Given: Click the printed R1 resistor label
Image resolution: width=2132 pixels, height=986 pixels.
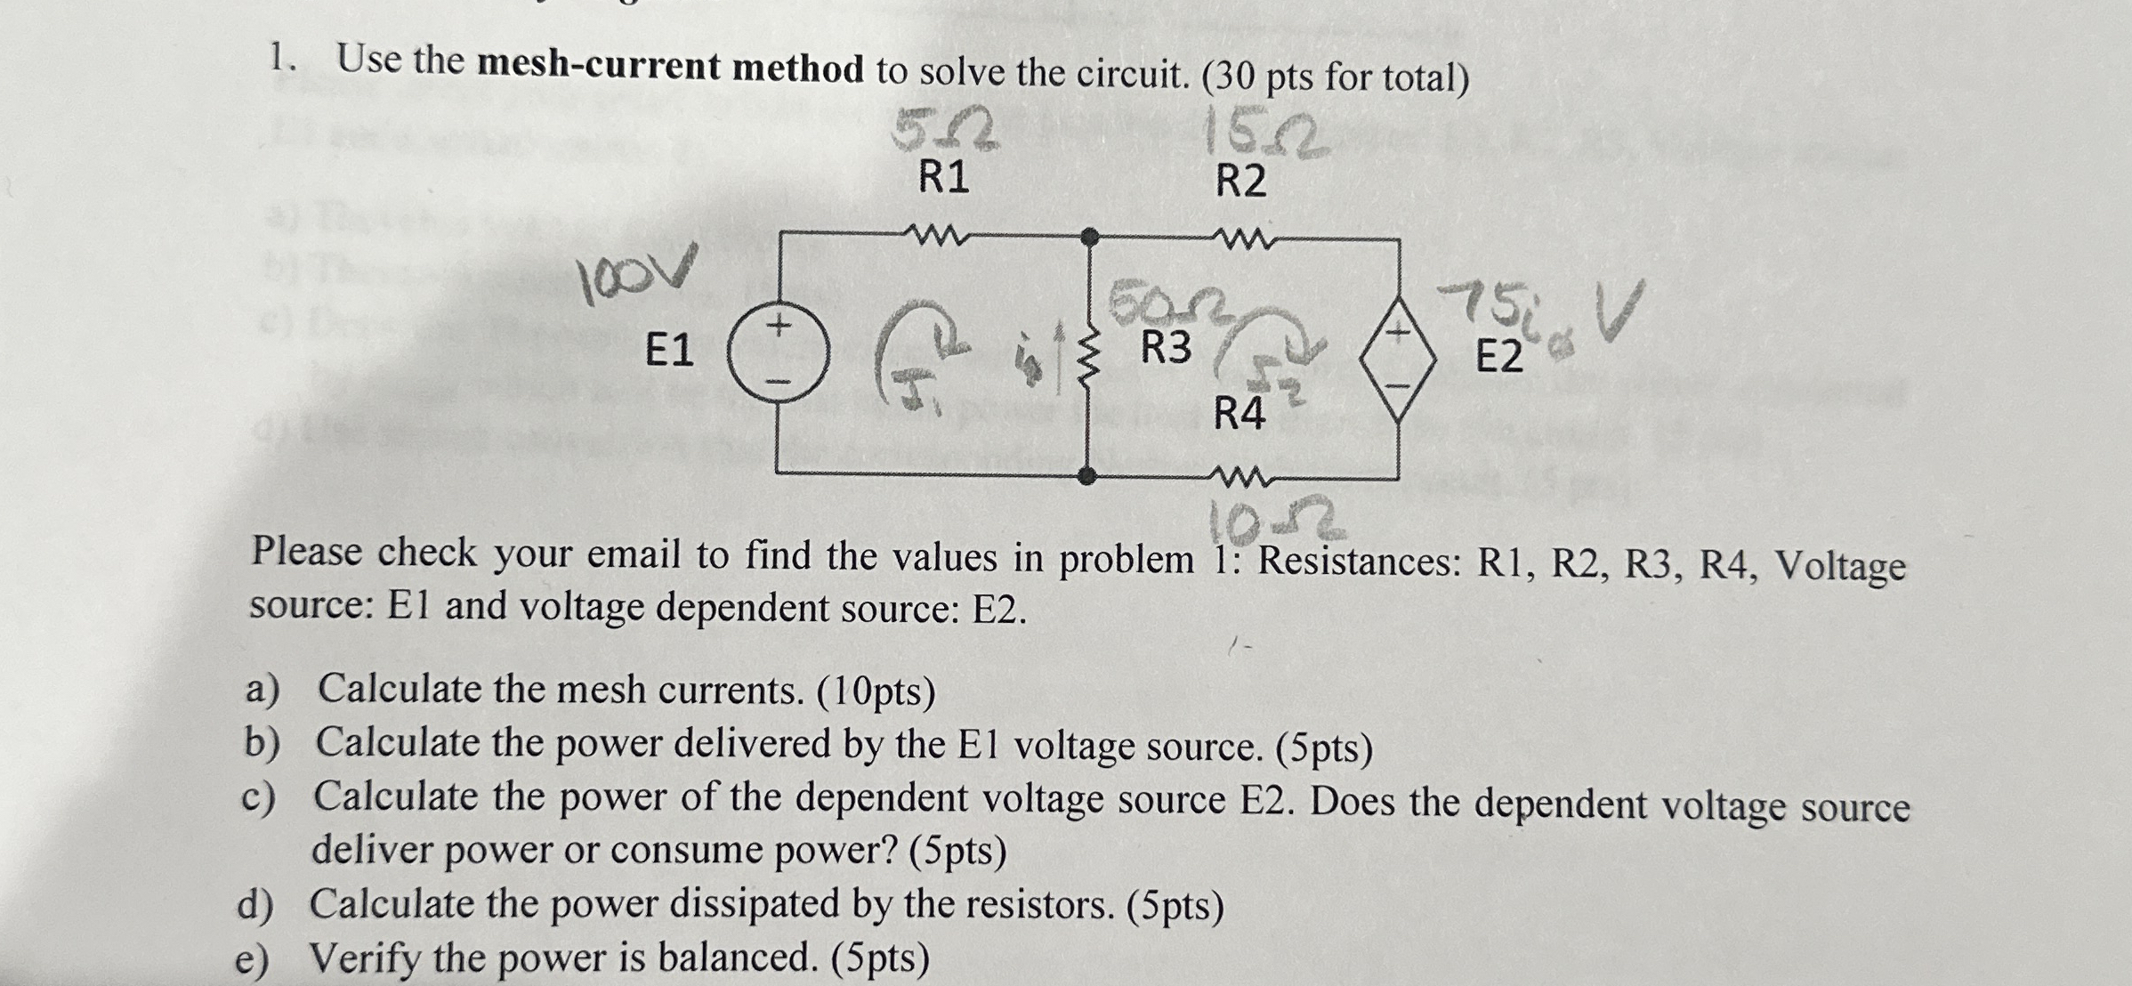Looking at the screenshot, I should tap(943, 178).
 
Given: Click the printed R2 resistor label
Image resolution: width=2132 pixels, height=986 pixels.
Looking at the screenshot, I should tap(1240, 182).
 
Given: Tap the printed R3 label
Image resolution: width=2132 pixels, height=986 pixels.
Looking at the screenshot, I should tap(1166, 347).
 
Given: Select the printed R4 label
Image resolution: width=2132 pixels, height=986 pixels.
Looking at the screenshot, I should tap(1240, 414).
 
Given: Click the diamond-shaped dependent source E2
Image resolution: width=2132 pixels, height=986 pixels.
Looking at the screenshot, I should tap(1398, 359).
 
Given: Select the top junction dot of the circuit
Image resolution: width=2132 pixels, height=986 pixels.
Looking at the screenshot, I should tap(1088, 237).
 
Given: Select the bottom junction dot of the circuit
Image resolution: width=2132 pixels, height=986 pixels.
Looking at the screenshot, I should tap(1086, 475).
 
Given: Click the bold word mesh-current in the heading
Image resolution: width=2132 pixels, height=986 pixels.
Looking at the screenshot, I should tap(670, 68).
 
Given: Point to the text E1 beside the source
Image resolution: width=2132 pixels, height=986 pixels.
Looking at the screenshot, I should tap(668, 350).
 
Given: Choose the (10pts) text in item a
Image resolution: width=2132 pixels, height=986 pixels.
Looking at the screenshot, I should tap(876, 692).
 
